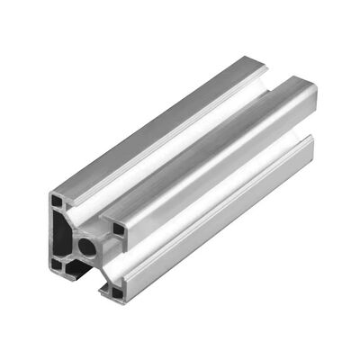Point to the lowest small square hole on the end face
click(x=115, y=290)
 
